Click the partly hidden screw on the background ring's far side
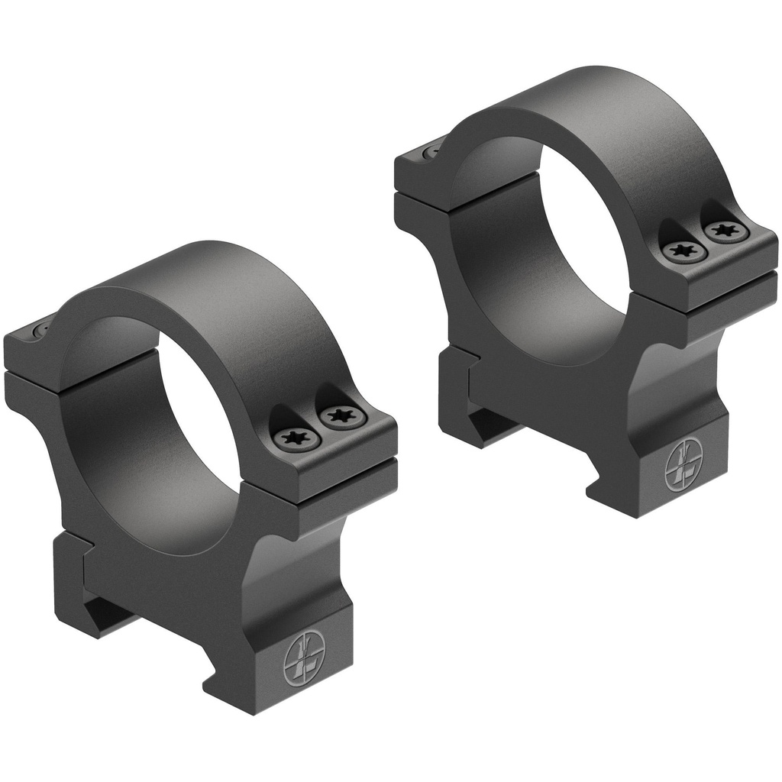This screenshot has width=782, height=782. point(433,150)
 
